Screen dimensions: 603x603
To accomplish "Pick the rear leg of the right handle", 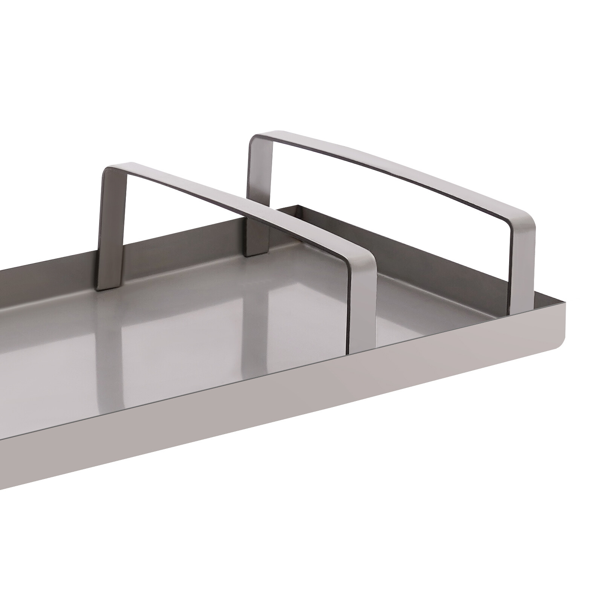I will (259, 207).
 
